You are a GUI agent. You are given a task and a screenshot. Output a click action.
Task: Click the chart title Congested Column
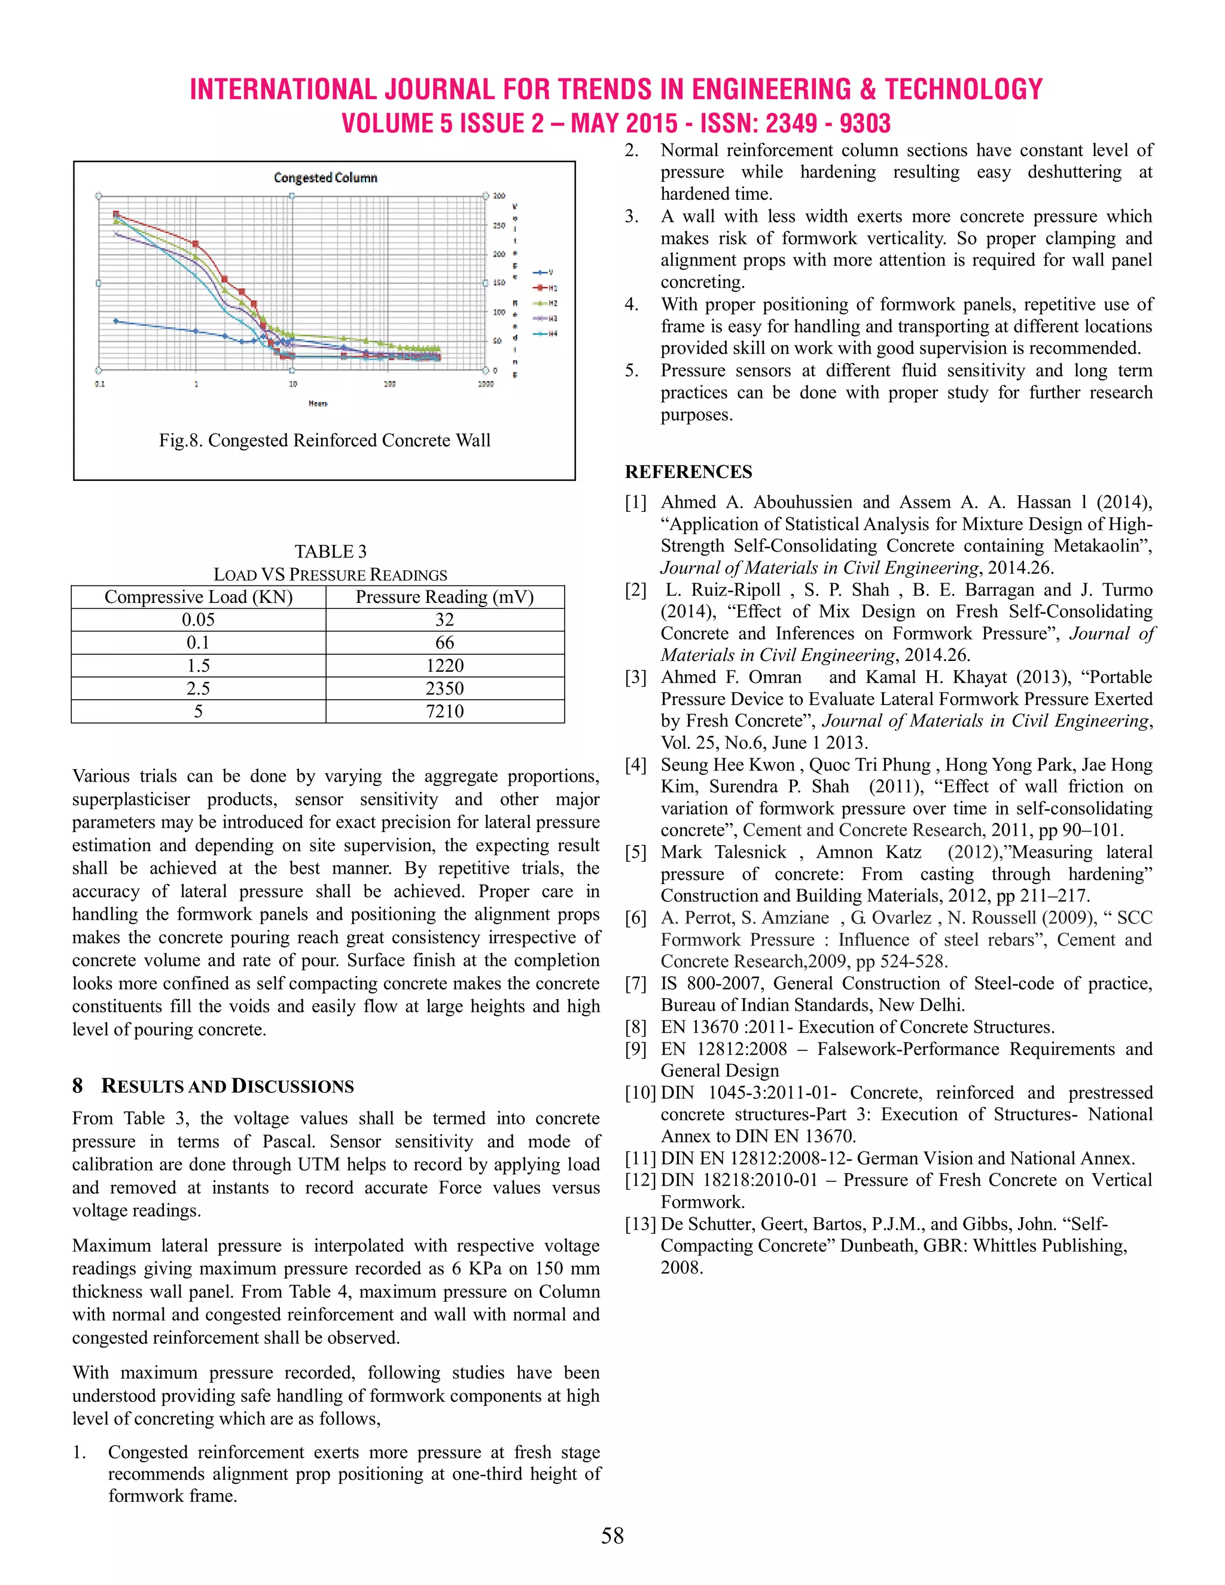click(x=325, y=178)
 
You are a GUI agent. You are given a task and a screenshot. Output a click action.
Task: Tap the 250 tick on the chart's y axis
click(x=499, y=225)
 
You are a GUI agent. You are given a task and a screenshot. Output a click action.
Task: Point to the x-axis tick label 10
click(x=292, y=384)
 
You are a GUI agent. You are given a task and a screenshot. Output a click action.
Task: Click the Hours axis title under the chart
click(x=318, y=404)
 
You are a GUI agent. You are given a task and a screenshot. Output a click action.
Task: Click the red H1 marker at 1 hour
click(x=195, y=244)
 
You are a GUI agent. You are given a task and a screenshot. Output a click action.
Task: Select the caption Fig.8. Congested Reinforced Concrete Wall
click(x=324, y=441)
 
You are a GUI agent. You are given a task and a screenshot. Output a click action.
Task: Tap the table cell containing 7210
click(x=444, y=711)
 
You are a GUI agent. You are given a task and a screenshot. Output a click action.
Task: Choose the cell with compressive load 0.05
click(x=198, y=620)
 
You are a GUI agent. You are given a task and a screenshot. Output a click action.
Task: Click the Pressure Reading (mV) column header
click(x=444, y=598)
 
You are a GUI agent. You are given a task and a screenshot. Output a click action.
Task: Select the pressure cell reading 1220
click(x=444, y=666)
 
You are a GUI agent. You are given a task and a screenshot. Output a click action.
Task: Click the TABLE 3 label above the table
click(x=330, y=551)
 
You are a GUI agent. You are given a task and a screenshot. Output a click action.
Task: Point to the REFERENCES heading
click(x=688, y=472)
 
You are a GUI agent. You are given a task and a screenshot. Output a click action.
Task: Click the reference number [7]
click(x=635, y=984)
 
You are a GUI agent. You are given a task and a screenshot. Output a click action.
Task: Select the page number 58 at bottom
click(x=612, y=1535)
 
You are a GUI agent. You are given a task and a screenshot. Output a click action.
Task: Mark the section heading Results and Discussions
click(x=227, y=1086)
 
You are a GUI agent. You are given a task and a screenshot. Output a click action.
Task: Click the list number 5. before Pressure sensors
click(x=632, y=371)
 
